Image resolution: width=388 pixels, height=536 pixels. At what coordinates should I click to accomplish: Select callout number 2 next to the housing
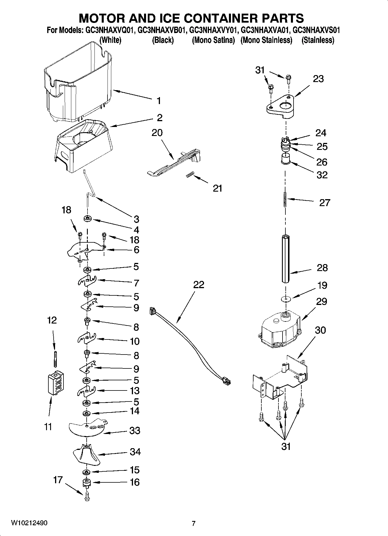pos(159,118)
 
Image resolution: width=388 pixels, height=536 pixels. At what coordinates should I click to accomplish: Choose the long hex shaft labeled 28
pos(285,259)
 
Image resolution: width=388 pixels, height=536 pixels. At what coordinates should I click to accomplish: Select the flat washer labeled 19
pos(285,298)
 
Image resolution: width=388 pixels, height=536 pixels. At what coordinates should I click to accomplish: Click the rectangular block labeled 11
pos(56,383)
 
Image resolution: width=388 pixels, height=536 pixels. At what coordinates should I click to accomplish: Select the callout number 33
pos(135,430)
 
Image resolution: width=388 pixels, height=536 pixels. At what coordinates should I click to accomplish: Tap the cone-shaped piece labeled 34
pos(86,455)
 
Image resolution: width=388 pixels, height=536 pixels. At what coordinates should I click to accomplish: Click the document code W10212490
pos(29,523)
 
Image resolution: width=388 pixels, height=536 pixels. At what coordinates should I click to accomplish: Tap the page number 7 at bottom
pos(194,523)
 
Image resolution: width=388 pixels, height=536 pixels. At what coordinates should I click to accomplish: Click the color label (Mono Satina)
pos(213,40)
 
